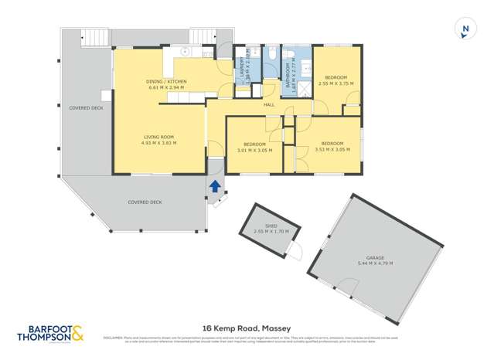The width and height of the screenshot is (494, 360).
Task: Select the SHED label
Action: click(x=271, y=226)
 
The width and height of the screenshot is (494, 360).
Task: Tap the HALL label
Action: click(x=269, y=104)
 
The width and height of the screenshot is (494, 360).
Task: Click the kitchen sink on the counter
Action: click(x=186, y=53)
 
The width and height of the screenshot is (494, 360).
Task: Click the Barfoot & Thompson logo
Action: click(x=51, y=334)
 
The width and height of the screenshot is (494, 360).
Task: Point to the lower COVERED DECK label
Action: click(x=145, y=202)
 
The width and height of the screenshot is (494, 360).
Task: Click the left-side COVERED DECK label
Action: click(x=86, y=108)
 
